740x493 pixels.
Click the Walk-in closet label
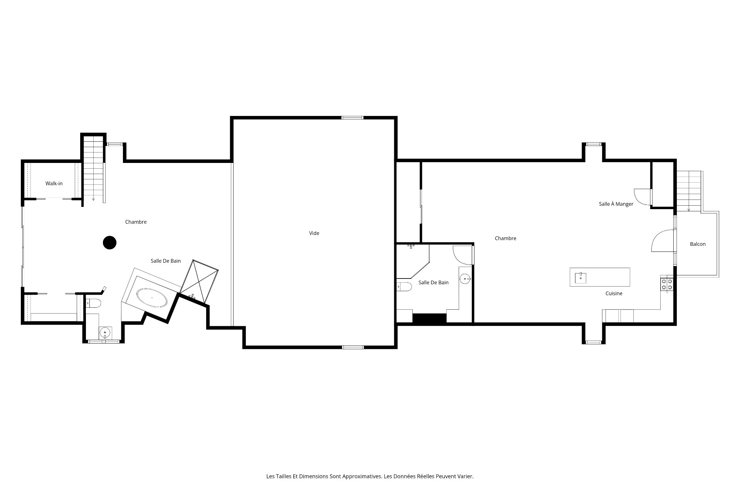[54, 183]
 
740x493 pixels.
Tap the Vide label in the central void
[314, 233]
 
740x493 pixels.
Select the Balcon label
[698, 244]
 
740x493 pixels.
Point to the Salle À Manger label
[616, 204]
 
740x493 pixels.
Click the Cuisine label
[614, 293]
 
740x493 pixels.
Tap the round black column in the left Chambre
[110, 243]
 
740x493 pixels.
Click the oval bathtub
[152, 298]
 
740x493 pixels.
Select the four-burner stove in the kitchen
[667, 284]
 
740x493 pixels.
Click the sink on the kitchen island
[580, 277]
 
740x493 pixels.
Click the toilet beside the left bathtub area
[93, 303]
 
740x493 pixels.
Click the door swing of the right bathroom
[462, 255]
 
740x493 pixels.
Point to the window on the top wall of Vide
[352, 117]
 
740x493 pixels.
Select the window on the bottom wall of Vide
[353, 347]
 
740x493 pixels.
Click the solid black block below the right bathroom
[429, 319]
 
